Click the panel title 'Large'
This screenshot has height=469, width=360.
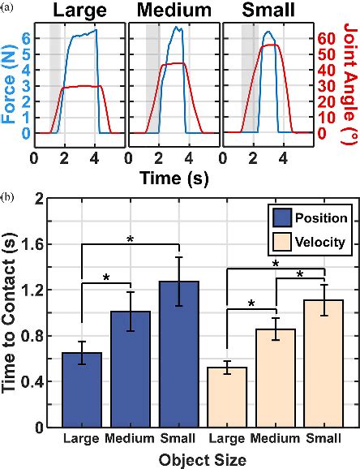pyautogui.click(x=79, y=11)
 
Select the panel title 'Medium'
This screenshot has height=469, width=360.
pyautogui.click(x=173, y=11)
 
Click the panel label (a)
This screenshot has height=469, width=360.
pyautogui.click(x=8, y=6)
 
